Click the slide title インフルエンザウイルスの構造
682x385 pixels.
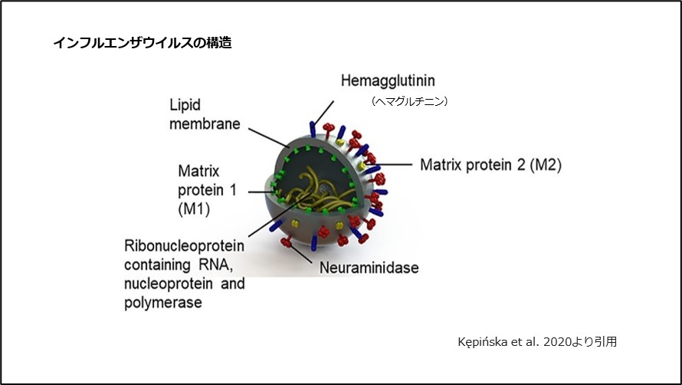143,43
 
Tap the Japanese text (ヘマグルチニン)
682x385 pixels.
409,100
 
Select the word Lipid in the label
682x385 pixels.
185,105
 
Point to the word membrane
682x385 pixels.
205,123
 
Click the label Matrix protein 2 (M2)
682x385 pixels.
490,164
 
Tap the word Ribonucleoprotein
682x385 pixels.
184,246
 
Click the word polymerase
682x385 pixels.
163,302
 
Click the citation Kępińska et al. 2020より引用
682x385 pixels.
536,342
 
